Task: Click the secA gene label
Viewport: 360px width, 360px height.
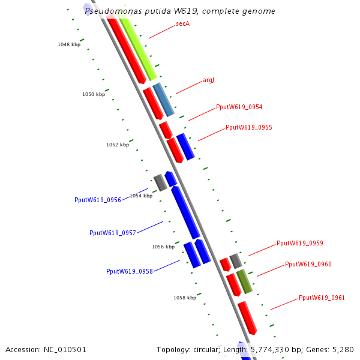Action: pos(182,23)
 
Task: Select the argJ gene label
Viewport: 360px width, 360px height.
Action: pos(208,80)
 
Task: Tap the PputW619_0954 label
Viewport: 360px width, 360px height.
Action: pos(239,107)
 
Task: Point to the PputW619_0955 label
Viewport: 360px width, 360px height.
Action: pos(248,127)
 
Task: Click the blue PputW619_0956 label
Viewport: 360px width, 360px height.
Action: pos(98,200)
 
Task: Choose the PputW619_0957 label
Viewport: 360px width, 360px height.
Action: pos(113,233)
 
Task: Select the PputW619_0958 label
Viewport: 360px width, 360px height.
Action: pos(130,271)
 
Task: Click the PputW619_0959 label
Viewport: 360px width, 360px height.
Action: pos(299,243)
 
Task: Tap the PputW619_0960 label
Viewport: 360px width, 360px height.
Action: pos(308,264)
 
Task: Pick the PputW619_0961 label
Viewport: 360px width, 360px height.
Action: pos(322,298)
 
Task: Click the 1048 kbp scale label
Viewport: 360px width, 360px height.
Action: pos(69,44)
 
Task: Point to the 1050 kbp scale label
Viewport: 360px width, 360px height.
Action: pos(94,94)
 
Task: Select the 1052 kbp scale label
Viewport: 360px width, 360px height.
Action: pos(118,145)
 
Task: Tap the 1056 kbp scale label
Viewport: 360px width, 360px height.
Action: pos(163,247)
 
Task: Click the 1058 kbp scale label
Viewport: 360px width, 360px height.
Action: pos(185,298)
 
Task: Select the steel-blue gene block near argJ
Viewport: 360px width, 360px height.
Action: pos(163,100)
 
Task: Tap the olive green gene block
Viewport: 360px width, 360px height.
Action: pos(244,281)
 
